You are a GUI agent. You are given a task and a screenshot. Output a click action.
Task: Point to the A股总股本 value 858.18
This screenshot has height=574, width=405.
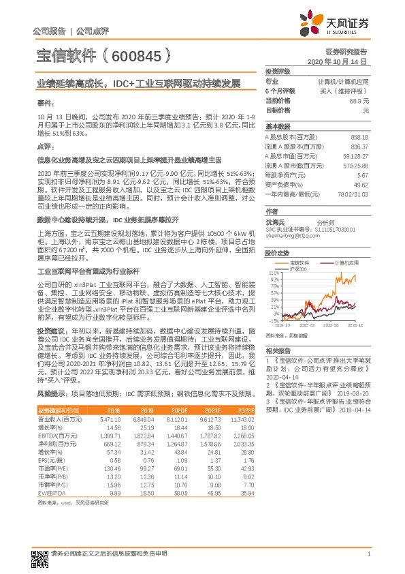(x=358, y=137)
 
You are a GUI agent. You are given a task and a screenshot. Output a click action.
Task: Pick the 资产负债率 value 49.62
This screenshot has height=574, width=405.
(x=361, y=185)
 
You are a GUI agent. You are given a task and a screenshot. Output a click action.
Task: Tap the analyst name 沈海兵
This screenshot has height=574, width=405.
(x=275, y=222)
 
